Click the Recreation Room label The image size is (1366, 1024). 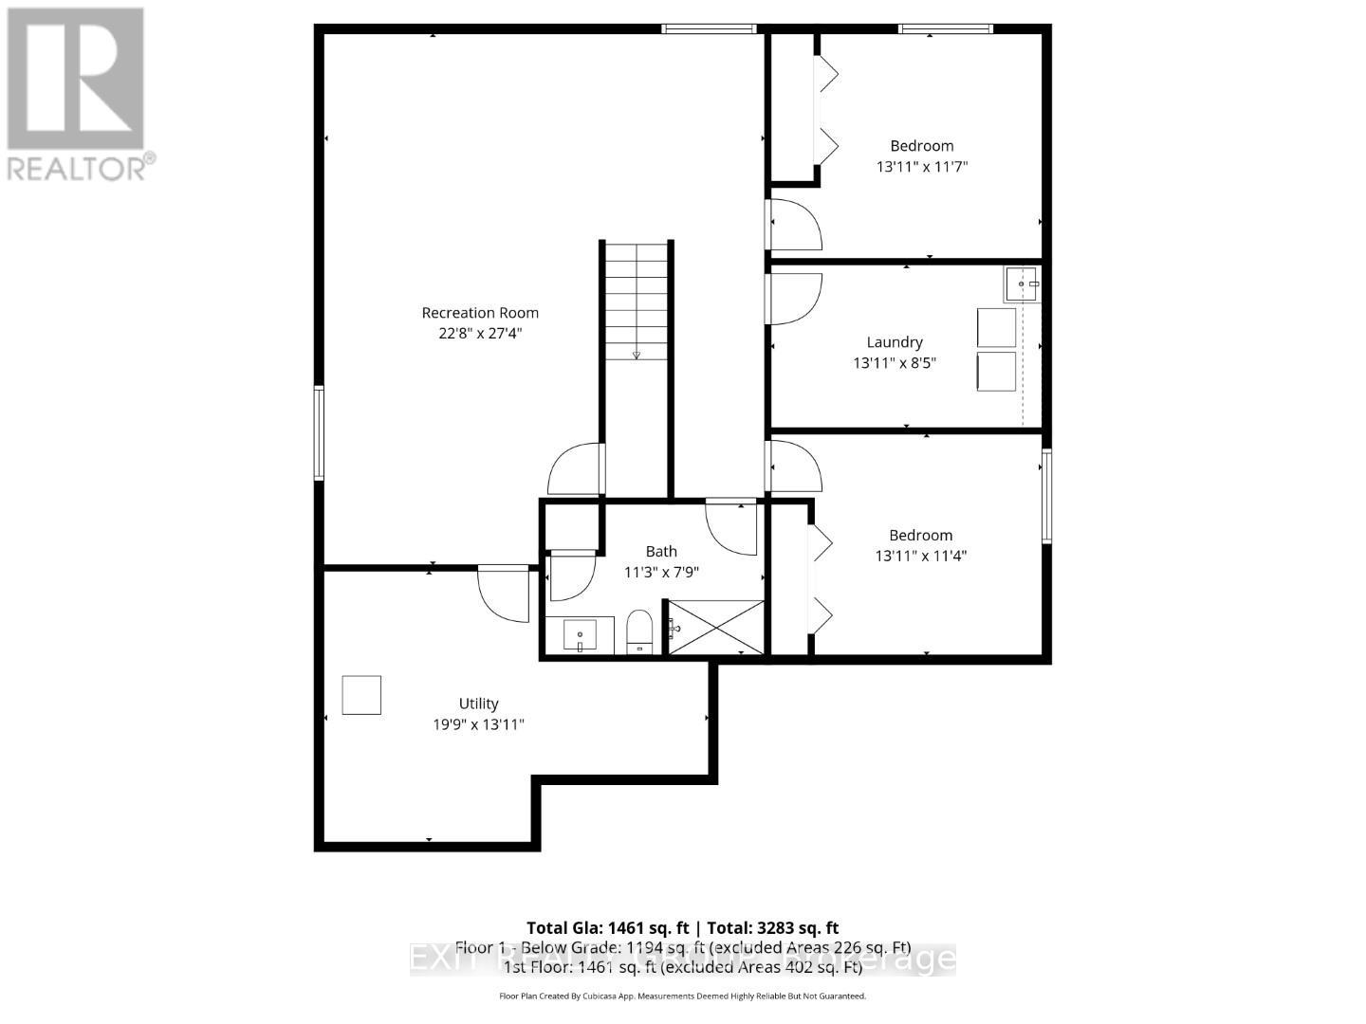(480, 313)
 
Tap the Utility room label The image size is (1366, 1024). (478, 704)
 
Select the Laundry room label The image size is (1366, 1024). (895, 342)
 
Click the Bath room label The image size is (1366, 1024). (661, 551)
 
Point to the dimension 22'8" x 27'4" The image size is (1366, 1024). (480, 334)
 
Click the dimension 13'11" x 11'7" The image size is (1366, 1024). (921, 167)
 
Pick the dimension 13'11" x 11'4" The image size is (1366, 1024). (920, 557)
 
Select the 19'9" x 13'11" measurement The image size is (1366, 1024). (478, 724)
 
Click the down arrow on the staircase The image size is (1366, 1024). (636, 355)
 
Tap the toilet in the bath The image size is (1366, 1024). (639, 632)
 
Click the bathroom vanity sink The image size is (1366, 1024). (580, 634)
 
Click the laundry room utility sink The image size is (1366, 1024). (1023, 283)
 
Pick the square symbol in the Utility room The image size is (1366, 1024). (361, 695)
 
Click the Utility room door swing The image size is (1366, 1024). (503, 594)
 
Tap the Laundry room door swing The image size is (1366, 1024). (795, 298)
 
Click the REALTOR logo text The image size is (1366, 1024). (79, 168)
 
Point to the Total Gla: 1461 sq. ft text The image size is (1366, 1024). (609, 928)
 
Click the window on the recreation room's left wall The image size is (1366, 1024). (320, 432)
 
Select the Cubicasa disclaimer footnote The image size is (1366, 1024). (682, 997)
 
